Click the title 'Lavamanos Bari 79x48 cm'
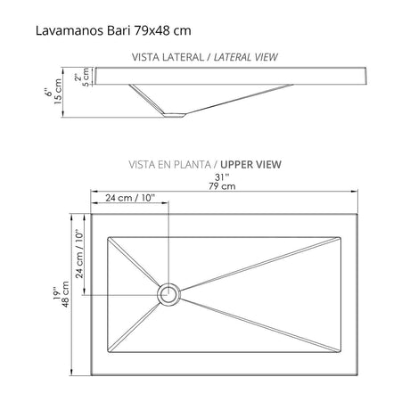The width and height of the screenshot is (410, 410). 111,30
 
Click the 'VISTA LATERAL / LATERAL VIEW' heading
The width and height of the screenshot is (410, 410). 204,56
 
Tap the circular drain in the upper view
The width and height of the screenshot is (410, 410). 168,292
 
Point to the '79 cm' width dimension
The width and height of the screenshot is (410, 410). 222,186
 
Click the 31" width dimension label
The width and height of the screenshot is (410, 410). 222,176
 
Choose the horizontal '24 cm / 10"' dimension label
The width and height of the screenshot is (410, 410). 129,197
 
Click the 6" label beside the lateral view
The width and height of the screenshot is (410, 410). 51,92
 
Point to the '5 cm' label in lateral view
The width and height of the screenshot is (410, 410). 86,77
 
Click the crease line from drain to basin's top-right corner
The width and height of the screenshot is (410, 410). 258,264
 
